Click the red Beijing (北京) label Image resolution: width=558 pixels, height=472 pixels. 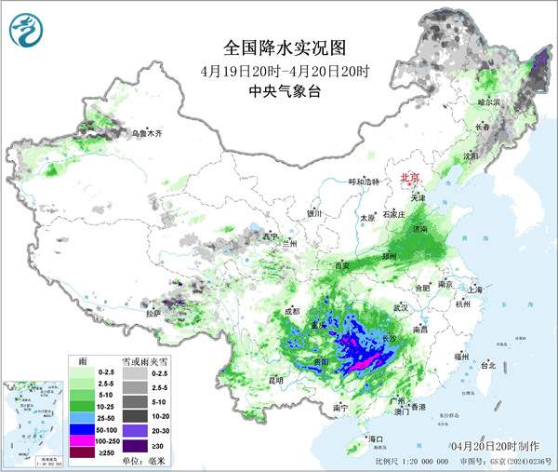coord(409,177)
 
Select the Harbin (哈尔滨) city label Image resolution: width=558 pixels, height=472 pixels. coord(488,101)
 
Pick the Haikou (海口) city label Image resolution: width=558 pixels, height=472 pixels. coord(376,438)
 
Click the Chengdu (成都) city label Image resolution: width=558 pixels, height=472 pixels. coord(292,311)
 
